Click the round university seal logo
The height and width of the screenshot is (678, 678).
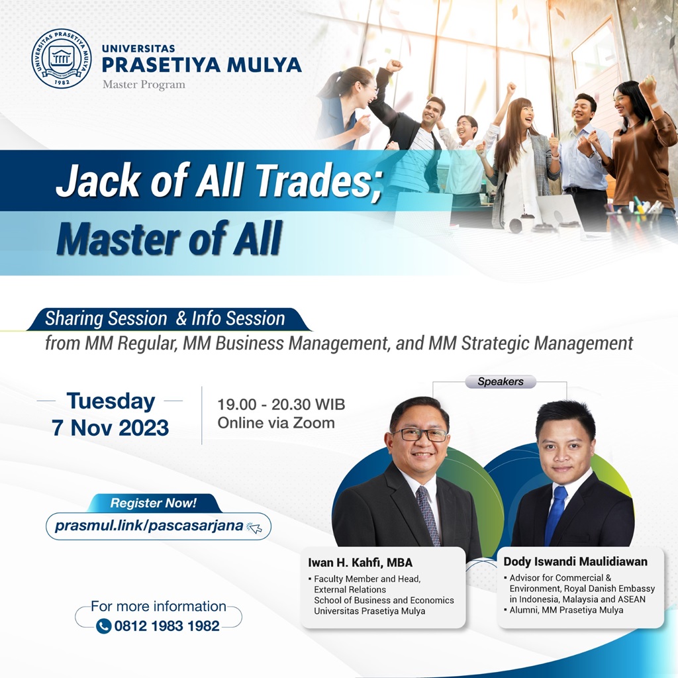coord(62,58)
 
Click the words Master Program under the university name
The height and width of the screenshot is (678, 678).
coord(144,85)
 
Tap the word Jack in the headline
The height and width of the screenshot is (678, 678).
coord(99,180)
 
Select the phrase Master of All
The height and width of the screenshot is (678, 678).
coord(169,238)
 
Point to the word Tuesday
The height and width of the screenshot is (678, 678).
coord(111,402)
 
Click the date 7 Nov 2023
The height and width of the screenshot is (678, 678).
coord(111,428)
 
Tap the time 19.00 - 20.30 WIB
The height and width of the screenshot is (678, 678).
coord(281,405)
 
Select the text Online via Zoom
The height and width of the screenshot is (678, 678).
coord(276,422)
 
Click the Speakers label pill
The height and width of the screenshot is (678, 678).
coord(501,381)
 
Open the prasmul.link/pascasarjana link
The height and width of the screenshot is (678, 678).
coord(149,526)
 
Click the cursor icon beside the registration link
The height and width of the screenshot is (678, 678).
coord(254,527)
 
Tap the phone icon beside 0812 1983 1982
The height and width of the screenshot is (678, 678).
coord(104,626)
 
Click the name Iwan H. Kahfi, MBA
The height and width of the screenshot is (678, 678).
coord(360,563)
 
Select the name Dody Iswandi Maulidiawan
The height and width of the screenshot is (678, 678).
coord(575,561)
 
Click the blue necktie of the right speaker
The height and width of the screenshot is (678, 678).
coord(556,514)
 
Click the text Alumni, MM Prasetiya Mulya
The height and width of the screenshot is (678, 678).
coord(566,610)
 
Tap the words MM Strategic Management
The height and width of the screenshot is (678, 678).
coord(530,344)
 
